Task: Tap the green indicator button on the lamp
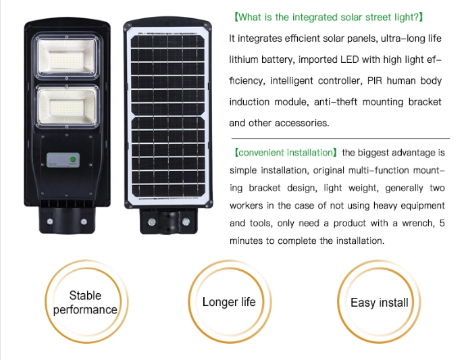coord(72,160)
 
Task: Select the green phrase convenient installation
coord(284,153)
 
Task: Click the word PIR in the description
coord(376,81)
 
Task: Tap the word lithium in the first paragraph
coord(246,59)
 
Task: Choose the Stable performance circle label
coord(85,303)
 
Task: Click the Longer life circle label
coord(229,302)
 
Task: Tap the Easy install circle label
coord(379,303)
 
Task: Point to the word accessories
coord(302,123)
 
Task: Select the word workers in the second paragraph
coord(247,205)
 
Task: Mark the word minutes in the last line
coord(246,240)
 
